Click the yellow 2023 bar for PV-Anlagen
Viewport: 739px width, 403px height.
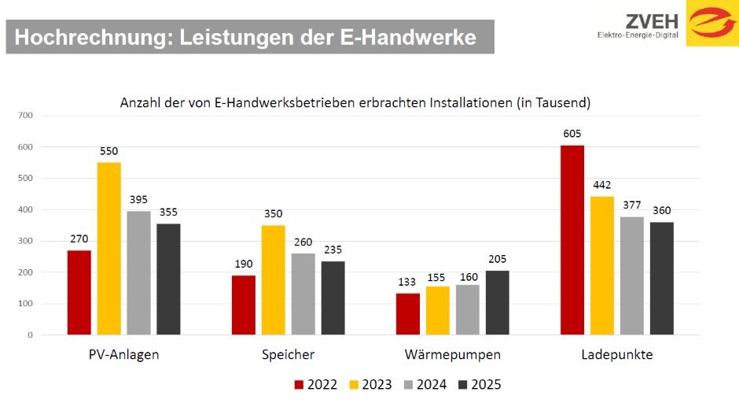[x=109, y=248]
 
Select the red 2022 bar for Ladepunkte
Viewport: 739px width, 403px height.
[x=572, y=240]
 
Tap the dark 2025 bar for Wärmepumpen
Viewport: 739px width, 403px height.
[x=498, y=303]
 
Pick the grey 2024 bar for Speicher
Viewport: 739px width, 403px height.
[x=303, y=294]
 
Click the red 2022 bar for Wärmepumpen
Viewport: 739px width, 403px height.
[x=408, y=314]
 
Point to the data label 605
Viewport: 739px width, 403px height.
[x=572, y=134]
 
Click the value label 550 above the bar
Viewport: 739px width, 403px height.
[x=109, y=150]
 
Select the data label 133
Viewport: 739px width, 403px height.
[x=408, y=282]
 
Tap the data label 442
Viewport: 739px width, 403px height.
[x=602, y=185]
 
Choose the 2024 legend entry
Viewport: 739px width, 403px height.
[x=425, y=385]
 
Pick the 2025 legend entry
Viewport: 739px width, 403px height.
[x=479, y=385]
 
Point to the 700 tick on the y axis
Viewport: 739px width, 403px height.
[x=26, y=116]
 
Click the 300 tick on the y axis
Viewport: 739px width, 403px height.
[x=26, y=241]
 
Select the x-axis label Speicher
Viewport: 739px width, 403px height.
[x=288, y=355]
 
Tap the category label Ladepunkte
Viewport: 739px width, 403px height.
[x=617, y=355]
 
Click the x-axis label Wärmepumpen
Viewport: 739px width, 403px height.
[x=452, y=355]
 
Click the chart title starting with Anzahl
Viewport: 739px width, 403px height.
[x=355, y=102]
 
